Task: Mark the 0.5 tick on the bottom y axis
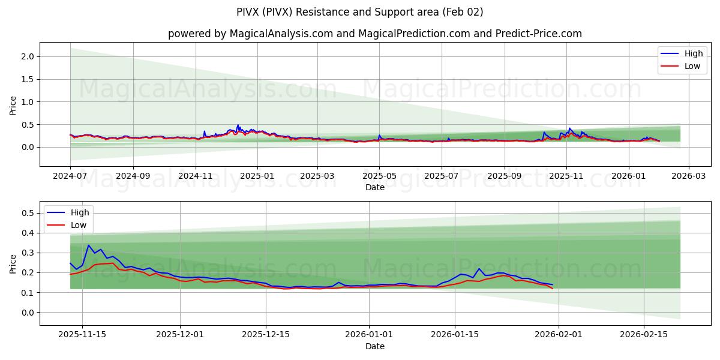(x=28, y=213)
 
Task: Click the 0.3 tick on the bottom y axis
(x=28, y=253)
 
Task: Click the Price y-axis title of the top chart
(x=13, y=105)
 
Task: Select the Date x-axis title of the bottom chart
(x=374, y=347)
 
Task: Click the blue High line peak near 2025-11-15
(x=88, y=245)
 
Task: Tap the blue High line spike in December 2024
(x=238, y=125)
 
